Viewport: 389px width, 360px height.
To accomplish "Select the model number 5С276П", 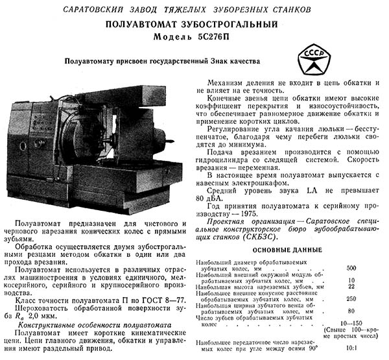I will [x=209, y=37].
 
